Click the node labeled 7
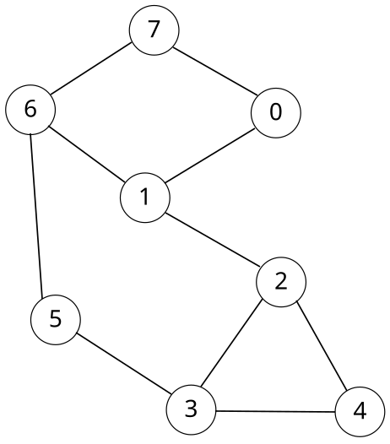tap(154, 30)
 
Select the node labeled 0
tap(275, 111)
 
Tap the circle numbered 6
tap(30, 111)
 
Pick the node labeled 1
tap(145, 198)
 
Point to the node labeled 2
tap(281, 282)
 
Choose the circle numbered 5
tap(55, 319)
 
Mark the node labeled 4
tap(360, 412)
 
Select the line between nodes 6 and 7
tap(92, 70)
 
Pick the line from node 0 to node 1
tap(210, 154)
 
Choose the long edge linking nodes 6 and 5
tap(42, 215)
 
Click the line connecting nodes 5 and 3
tap(123, 365)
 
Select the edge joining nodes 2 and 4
tap(321, 347)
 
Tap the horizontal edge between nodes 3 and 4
tap(276, 411)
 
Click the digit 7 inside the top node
tap(154, 30)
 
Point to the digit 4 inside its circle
tap(360, 412)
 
